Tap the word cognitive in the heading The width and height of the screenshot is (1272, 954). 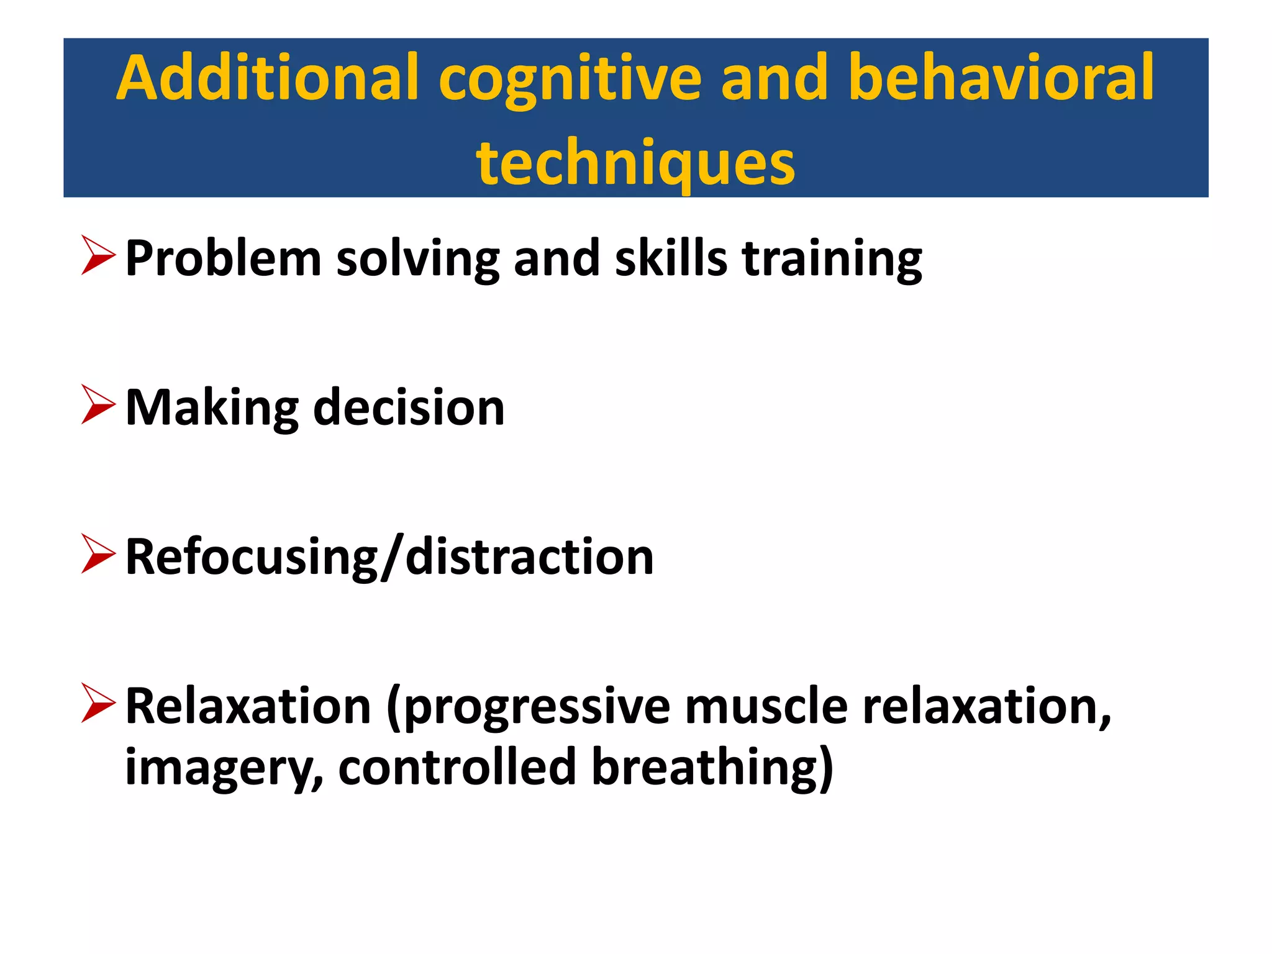(x=570, y=81)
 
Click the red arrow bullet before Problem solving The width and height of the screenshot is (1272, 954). (x=98, y=255)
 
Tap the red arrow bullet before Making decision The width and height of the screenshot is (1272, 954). (x=98, y=404)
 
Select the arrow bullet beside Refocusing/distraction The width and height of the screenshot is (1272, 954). (x=98, y=553)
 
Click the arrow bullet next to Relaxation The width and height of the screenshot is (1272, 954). (x=98, y=703)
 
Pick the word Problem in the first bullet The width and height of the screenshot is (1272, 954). (x=223, y=258)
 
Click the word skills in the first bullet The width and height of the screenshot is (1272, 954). (x=671, y=258)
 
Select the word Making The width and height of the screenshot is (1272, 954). (x=212, y=409)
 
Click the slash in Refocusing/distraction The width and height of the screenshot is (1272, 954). (x=391, y=557)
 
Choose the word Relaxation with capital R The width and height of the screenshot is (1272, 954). (x=248, y=706)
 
